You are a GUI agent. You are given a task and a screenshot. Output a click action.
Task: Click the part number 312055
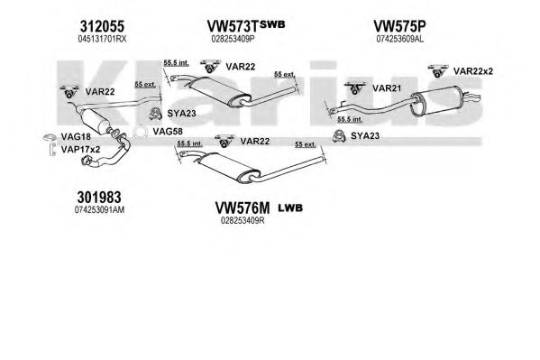click(102, 26)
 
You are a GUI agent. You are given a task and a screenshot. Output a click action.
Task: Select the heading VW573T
click(233, 26)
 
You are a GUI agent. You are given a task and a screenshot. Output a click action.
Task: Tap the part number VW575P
click(399, 26)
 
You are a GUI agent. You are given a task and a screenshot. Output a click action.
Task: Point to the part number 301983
click(99, 198)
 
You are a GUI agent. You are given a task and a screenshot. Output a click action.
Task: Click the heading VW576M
click(243, 208)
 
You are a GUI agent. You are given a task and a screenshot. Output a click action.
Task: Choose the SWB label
click(272, 24)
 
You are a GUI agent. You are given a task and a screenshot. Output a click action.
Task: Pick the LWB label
click(290, 208)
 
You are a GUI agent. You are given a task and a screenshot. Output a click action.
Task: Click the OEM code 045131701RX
click(102, 39)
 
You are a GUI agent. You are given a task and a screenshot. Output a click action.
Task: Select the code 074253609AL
click(400, 39)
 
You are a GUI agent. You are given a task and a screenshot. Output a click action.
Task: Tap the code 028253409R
click(243, 220)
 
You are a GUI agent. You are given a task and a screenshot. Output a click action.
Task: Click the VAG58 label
click(168, 132)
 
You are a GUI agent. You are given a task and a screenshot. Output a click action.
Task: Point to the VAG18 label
click(76, 137)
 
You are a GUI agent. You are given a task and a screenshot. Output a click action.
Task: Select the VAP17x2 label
click(80, 149)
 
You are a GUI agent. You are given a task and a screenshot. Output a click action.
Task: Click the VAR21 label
click(387, 88)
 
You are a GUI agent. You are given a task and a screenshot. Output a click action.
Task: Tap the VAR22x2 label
click(473, 71)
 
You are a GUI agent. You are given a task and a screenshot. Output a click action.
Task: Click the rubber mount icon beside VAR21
click(355, 88)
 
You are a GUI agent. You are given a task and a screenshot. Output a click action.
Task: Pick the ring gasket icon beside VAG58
click(140, 132)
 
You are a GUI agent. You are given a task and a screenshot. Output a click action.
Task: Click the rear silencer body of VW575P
click(437, 101)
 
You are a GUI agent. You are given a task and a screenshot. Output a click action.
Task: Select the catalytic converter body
click(94, 120)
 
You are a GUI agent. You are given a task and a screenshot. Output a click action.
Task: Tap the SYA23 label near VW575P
click(365, 136)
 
